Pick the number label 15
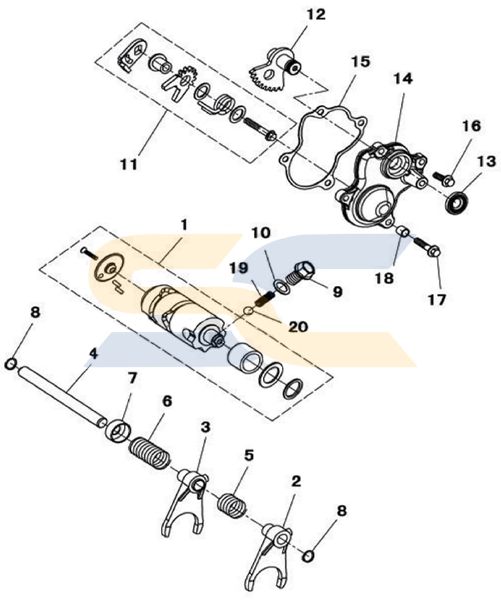tap(360, 62)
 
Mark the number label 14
tap(403, 78)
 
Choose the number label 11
tap(130, 163)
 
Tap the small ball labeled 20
tap(248, 309)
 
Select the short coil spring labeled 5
tap(231, 504)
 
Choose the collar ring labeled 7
tap(118, 429)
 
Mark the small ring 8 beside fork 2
tap(308, 556)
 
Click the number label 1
tap(184, 223)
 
